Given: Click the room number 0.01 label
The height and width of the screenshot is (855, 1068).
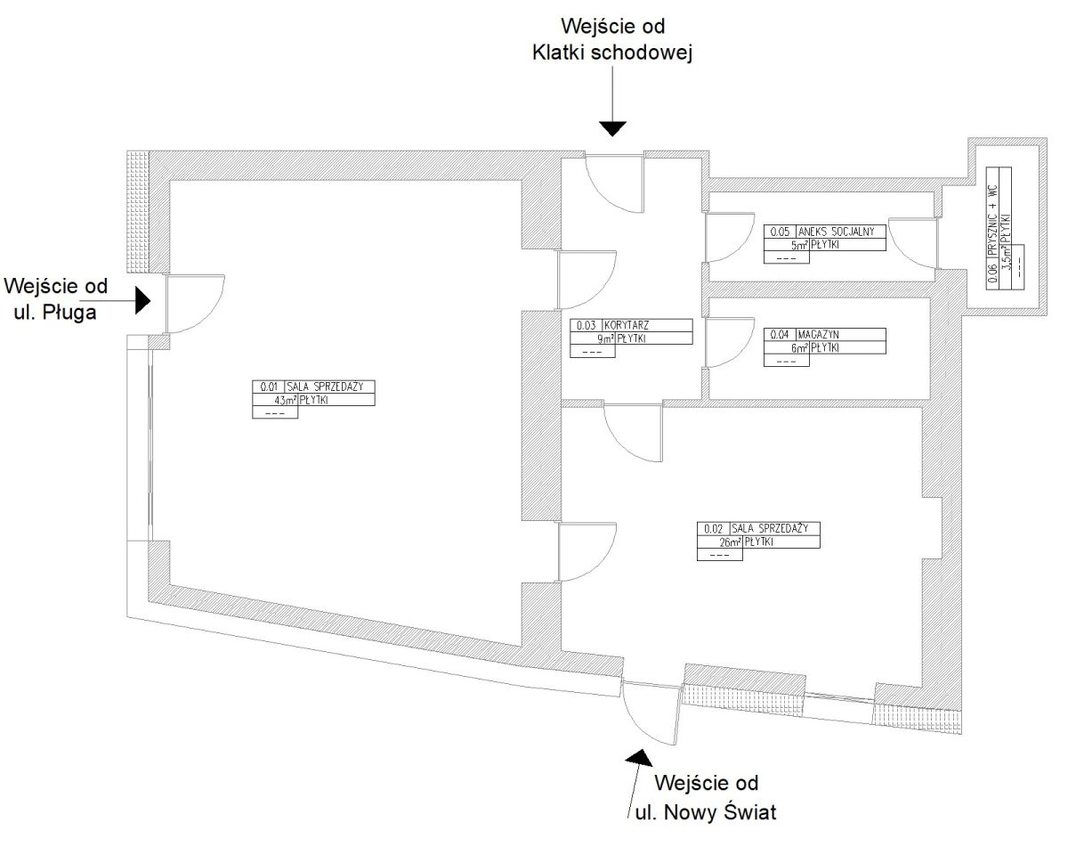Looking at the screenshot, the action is click(269, 387).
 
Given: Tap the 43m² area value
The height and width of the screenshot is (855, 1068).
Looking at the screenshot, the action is click(286, 400).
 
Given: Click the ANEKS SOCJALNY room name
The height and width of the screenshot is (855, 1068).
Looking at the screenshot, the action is click(837, 232).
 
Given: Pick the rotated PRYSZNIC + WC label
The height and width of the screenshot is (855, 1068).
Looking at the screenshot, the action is click(992, 221).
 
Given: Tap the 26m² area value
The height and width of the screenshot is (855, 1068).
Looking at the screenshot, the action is click(730, 542).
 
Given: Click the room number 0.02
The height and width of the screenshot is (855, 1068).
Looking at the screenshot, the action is click(713, 529).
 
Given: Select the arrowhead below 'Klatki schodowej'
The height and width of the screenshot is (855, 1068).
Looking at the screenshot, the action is click(612, 128).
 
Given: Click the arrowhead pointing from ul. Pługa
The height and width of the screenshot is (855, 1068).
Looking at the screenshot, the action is click(143, 300).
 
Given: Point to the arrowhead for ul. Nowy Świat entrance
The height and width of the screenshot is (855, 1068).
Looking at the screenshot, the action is click(639, 758).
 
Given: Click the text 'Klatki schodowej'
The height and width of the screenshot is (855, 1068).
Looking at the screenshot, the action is click(612, 53).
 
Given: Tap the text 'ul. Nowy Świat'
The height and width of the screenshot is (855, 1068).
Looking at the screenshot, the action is click(706, 811).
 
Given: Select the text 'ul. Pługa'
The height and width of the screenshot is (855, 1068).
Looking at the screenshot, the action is click(55, 313).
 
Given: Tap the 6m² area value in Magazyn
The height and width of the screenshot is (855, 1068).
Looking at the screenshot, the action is click(800, 347).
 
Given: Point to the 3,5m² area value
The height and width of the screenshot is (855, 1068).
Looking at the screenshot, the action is click(1006, 252).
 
